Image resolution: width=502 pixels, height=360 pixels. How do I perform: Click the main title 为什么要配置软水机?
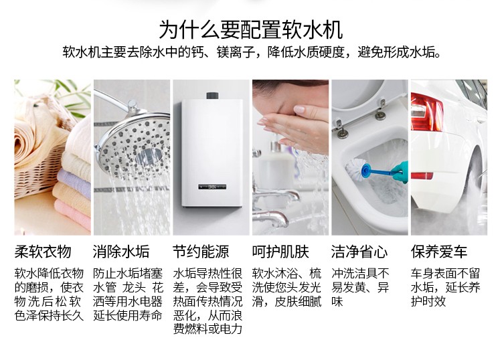[x=251, y=29]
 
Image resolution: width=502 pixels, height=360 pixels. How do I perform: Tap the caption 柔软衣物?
[x=43, y=252]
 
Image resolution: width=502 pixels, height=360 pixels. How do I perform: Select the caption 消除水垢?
[x=121, y=252]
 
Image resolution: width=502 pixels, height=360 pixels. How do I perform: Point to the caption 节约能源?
[x=201, y=252]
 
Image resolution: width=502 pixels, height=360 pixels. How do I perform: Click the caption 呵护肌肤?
[x=280, y=252]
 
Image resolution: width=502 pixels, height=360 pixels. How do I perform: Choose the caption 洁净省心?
[x=359, y=252]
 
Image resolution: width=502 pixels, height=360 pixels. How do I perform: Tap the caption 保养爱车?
[x=439, y=252]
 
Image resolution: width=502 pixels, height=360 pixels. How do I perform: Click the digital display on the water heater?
[x=212, y=186]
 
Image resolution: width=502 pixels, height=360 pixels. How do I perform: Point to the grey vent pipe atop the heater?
[x=213, y=96]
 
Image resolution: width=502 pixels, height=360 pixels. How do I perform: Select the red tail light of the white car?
[x=426, y=112]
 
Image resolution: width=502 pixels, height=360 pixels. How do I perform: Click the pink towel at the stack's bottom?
[x=73, y=213]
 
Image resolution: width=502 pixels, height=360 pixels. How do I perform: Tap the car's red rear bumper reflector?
[x=422, y=176]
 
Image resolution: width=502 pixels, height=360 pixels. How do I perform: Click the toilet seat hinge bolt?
[x=341, y=130]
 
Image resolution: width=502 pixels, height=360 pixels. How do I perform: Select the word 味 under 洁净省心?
[x=337, y=301]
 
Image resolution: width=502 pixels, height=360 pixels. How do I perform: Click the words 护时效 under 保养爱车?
[x=428, y=301]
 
